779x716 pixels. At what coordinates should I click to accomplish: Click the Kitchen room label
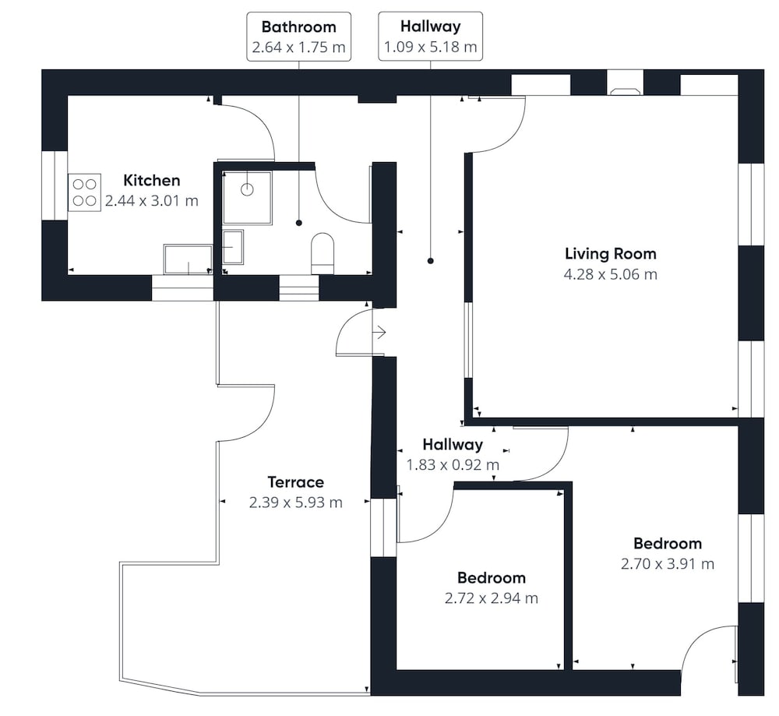pyautogui.click(x=152, y=180)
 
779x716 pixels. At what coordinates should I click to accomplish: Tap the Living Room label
pyautogui.click(x=611, y=253)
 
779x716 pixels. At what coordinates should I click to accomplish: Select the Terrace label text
pyautogui.click(x=295, y=482)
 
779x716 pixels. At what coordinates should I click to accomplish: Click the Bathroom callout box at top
pyautogui.click(x=298, y=37)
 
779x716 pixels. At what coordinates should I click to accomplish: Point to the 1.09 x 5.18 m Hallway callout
pyautogui.click(x=430, y=37)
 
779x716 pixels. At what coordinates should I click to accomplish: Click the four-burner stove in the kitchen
pyautogui.click(x=84, y=192)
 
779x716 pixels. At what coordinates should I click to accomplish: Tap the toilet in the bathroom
pyautogui.click(x=323, y=253)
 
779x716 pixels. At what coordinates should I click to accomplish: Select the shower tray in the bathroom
pyautogui.click(x=248, y=198)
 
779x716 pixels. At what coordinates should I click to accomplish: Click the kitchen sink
pyautogui.click(x=188, y=259)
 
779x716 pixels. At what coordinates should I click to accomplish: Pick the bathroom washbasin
pyautogui.click(x=233, y=247)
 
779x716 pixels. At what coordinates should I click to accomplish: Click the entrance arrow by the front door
pyautogui.click(x=380, y=332)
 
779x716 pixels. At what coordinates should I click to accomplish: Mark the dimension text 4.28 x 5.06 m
pyautogui.click(x=611, y=274)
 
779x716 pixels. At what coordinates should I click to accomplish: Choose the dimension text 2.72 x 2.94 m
pyautogui.click(x=492, y=598)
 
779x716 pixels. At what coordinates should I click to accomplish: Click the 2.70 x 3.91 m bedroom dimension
pyautogui.click(x=668, y=564)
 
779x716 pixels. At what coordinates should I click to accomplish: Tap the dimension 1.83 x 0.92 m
pyautogui.click(x=453, y=464)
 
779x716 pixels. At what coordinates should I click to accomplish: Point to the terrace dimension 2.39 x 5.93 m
pyautogui.click(x=295, y=503)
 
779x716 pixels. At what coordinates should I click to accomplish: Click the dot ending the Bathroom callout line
pyautogui.click(x=298, y=223)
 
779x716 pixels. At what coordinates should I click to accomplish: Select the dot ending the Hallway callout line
pyautogui.click(x=430, y=261)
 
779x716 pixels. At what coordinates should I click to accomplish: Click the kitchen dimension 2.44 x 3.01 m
pyautogui.click(x=152, y=201)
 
